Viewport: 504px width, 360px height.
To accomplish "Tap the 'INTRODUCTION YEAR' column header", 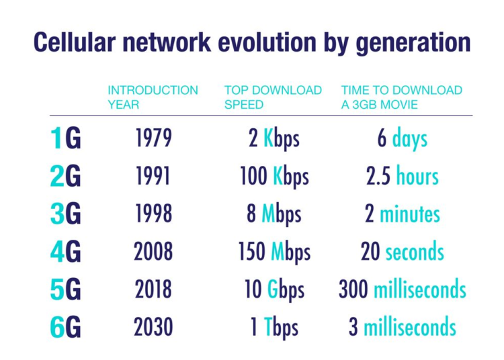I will [153, 97].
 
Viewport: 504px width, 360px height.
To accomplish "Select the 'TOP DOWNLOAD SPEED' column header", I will [273, 97].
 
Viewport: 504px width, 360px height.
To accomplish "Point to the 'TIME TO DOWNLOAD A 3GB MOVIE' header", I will [401, 97].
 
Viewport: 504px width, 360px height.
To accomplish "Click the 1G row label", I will [65, 140].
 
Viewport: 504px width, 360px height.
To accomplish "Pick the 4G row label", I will [65, 253].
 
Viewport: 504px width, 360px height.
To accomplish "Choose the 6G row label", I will [65, 328].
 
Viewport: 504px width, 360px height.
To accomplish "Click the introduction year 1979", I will [153, 138].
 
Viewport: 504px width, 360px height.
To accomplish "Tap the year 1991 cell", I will [153, 176].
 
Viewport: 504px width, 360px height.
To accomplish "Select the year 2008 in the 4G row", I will [153, 252].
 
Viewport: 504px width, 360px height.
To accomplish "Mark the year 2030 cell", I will [153, 328].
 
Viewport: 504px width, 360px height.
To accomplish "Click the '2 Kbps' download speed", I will [274, 139].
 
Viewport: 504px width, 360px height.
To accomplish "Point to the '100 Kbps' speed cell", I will [274, 177].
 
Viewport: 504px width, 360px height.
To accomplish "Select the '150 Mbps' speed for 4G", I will [274, 253].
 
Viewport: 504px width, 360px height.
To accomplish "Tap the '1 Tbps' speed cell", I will [274, 328].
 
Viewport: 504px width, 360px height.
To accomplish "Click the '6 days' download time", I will [402, 139].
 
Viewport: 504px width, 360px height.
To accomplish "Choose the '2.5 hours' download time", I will [402, 177].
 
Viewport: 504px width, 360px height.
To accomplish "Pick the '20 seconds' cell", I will [402, 253].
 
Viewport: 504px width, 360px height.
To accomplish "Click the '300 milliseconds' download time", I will [402, 290].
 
